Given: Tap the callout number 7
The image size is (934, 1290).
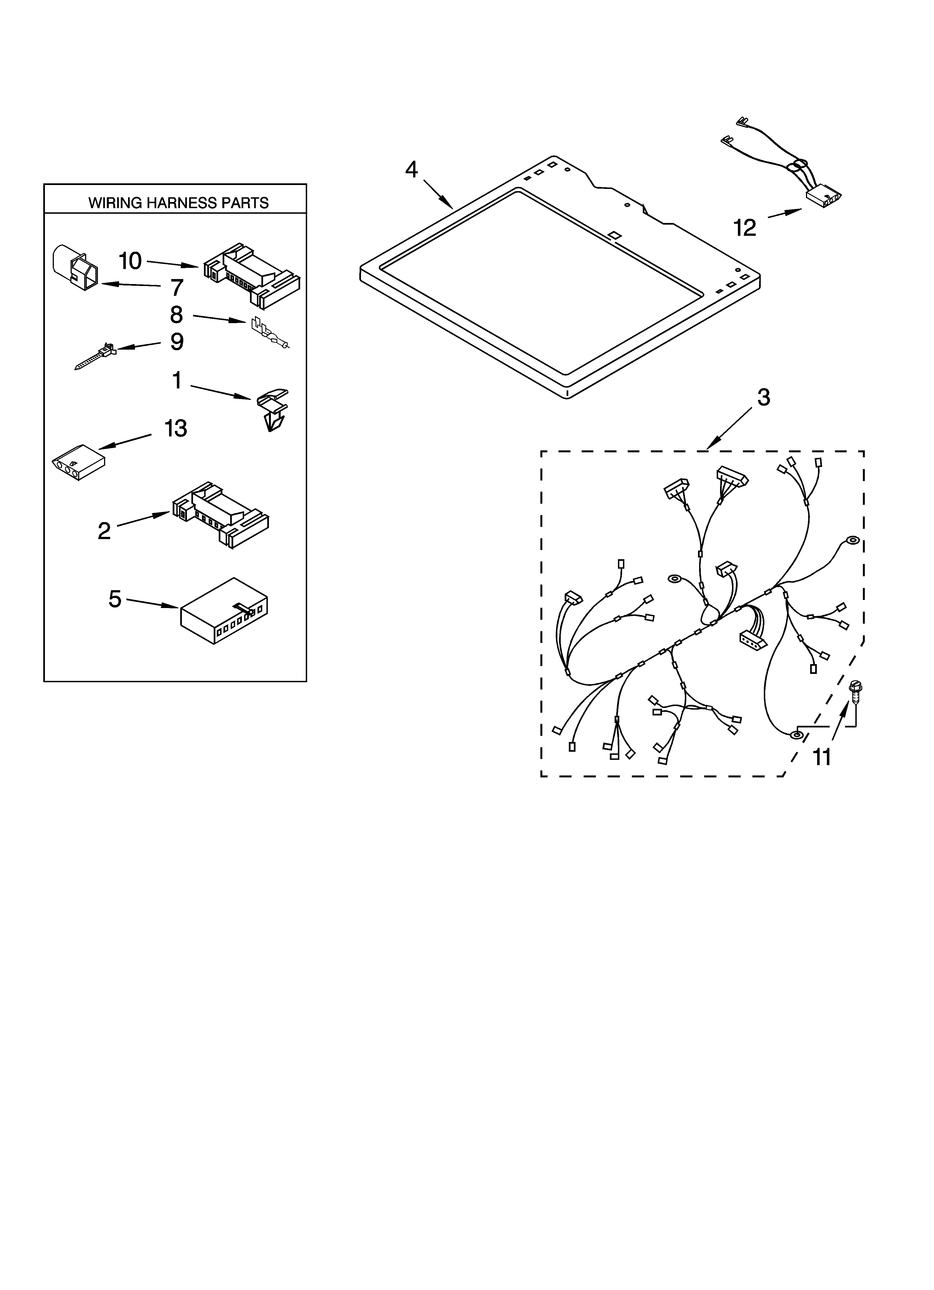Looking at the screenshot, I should (x=177, y=288).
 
